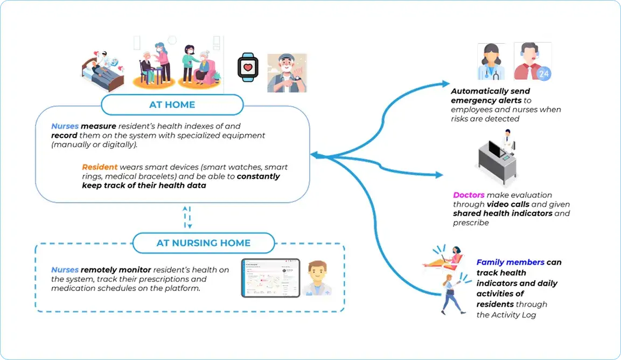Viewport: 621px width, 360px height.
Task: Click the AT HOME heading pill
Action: tap(172, 105)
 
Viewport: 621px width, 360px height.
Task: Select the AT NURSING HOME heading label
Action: tap(203, 243)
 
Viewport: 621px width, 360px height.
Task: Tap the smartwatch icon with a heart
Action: tap(248, 68)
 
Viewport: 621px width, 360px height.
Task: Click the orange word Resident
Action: tap(99, 167)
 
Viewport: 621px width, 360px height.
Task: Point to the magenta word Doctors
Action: tap(469, 195)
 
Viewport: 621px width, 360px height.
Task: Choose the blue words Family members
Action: tap(510, 262)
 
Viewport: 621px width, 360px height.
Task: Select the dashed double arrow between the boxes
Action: tap(186, 217)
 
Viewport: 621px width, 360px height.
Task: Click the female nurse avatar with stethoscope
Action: tap(491, 62)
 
